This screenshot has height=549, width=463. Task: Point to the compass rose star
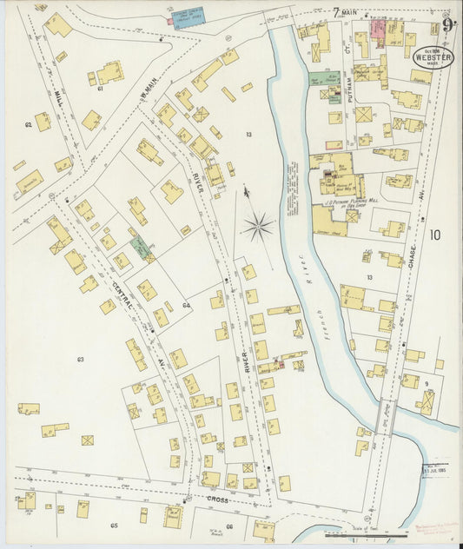coord(258,228)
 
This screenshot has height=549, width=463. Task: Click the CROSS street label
coord(217,500)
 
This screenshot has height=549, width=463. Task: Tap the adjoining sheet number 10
coord(434,234)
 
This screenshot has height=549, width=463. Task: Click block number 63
coord(80,359)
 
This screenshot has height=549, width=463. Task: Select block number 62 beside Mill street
coord(28,125)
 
